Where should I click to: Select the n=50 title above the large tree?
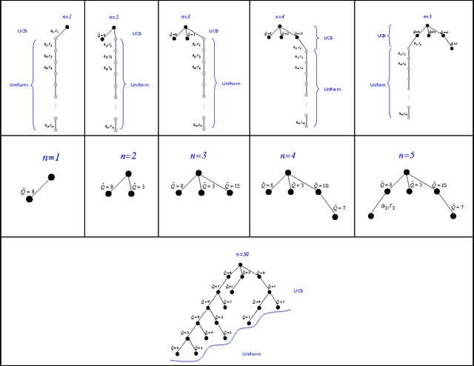pos(241,254)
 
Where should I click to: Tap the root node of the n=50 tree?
pos(244,262)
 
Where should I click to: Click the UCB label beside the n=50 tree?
pos(298,290)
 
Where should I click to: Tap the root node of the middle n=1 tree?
pos(51,176)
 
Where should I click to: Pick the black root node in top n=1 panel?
pos(67,27)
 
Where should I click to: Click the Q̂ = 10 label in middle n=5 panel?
pos(436,185)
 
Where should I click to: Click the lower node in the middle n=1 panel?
pos(30,199)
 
